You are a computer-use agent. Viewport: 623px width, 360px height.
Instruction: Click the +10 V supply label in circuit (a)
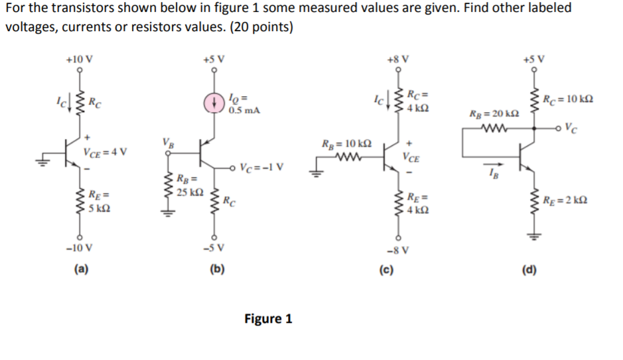[x=80, y=58]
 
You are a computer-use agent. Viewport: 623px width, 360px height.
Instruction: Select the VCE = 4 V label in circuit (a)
[x=105, y=152]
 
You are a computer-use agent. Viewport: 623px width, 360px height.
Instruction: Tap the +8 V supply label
[x=396, y=58]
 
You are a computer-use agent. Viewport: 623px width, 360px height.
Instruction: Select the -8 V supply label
[x=396, y=250]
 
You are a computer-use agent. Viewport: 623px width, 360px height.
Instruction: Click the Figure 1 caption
[x=268, y=319]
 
